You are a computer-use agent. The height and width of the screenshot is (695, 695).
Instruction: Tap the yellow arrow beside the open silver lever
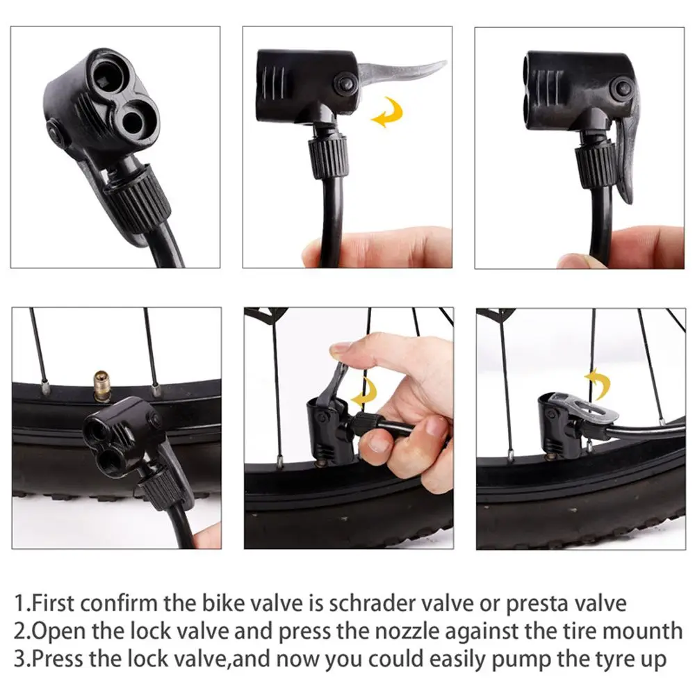click(x=388, y=112)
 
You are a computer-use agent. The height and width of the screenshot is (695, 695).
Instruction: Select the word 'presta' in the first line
click(x=537, y=605)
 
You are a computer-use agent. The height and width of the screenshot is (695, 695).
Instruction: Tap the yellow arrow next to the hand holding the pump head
click(x=364, y=392)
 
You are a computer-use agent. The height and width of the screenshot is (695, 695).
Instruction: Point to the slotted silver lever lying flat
click(x=584, y=409)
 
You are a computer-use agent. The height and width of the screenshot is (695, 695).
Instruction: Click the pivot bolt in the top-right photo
click(x=623, y=88)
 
